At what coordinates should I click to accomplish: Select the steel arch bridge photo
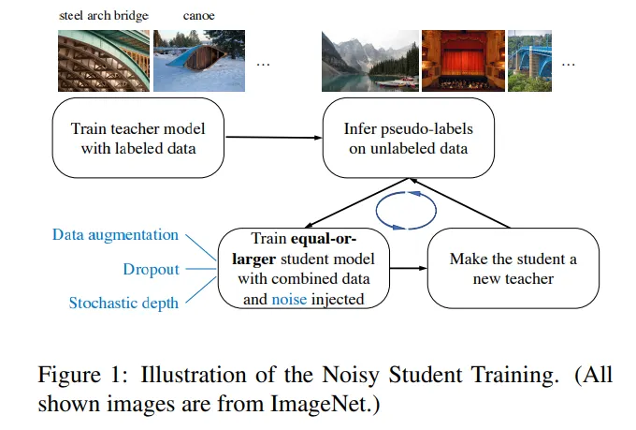pos(103,59)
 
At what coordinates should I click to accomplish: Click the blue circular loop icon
pos(405,208)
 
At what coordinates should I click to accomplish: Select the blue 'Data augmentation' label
pos(115,235)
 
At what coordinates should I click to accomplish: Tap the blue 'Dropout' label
pos(151,269)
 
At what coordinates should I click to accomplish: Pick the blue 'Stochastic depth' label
pos(123,303)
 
